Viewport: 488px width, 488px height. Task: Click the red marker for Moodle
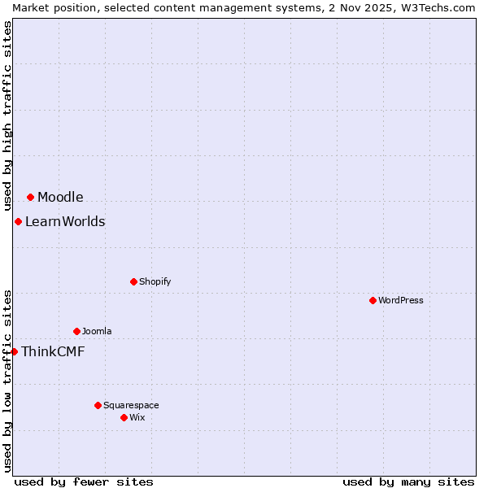(x=30, y=197)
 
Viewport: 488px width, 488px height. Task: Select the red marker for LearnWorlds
(x=18, y=221)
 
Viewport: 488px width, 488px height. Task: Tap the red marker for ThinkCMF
(x=14, y=351)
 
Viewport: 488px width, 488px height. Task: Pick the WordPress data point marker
(x=373, y=300)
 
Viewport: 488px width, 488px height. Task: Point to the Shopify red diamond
(x=133, y=281)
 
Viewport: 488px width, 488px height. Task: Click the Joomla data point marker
(x=76, y=331)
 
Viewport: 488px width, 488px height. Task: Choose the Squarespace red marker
(x=98, y=405)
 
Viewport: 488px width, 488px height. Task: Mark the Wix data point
(x=124, y=417)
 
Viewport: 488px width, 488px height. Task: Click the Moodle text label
(x=60, y=197)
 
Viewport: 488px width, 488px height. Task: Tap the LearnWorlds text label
(x=65, y=221)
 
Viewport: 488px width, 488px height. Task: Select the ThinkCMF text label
(x=53, y=351)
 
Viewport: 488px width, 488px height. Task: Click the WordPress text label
(x=401, y=300)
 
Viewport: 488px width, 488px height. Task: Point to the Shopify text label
(x=155, y=281)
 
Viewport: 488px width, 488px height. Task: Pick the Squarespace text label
(x=131, y=405)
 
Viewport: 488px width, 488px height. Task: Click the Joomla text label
(x=97, y=331)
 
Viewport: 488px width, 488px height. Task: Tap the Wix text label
(x=137, y=417)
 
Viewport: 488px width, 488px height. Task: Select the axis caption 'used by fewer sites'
(x=84, y=481)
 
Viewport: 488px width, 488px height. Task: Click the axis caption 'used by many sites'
(x=408, y=481)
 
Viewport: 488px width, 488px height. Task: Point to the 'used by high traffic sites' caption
(x=7, y=116)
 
